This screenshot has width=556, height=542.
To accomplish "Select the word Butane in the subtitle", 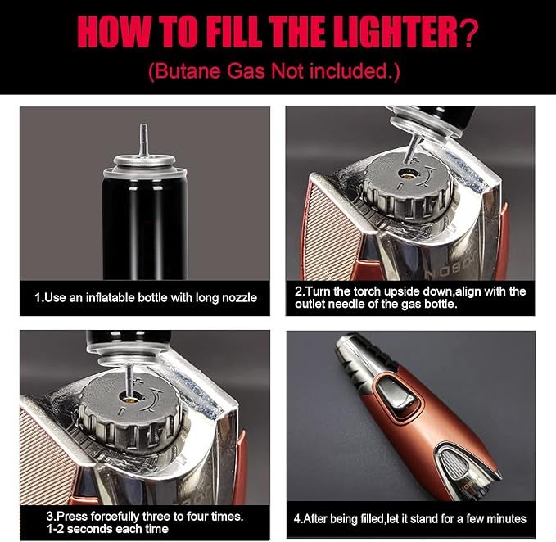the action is tap(189, 70).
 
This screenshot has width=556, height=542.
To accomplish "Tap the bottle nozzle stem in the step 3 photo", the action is tap(129, 380).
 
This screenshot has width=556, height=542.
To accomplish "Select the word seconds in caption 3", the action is tap(89, 529).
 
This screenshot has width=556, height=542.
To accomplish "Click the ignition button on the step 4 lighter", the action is tap(397, 395).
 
